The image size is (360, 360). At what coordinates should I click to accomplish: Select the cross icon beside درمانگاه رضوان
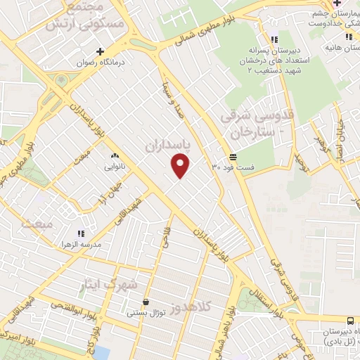101,51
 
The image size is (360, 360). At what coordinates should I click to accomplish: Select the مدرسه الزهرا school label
80,244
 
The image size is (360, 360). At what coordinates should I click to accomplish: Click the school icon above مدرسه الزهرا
80,233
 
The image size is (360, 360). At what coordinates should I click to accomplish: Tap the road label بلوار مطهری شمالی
195,35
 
